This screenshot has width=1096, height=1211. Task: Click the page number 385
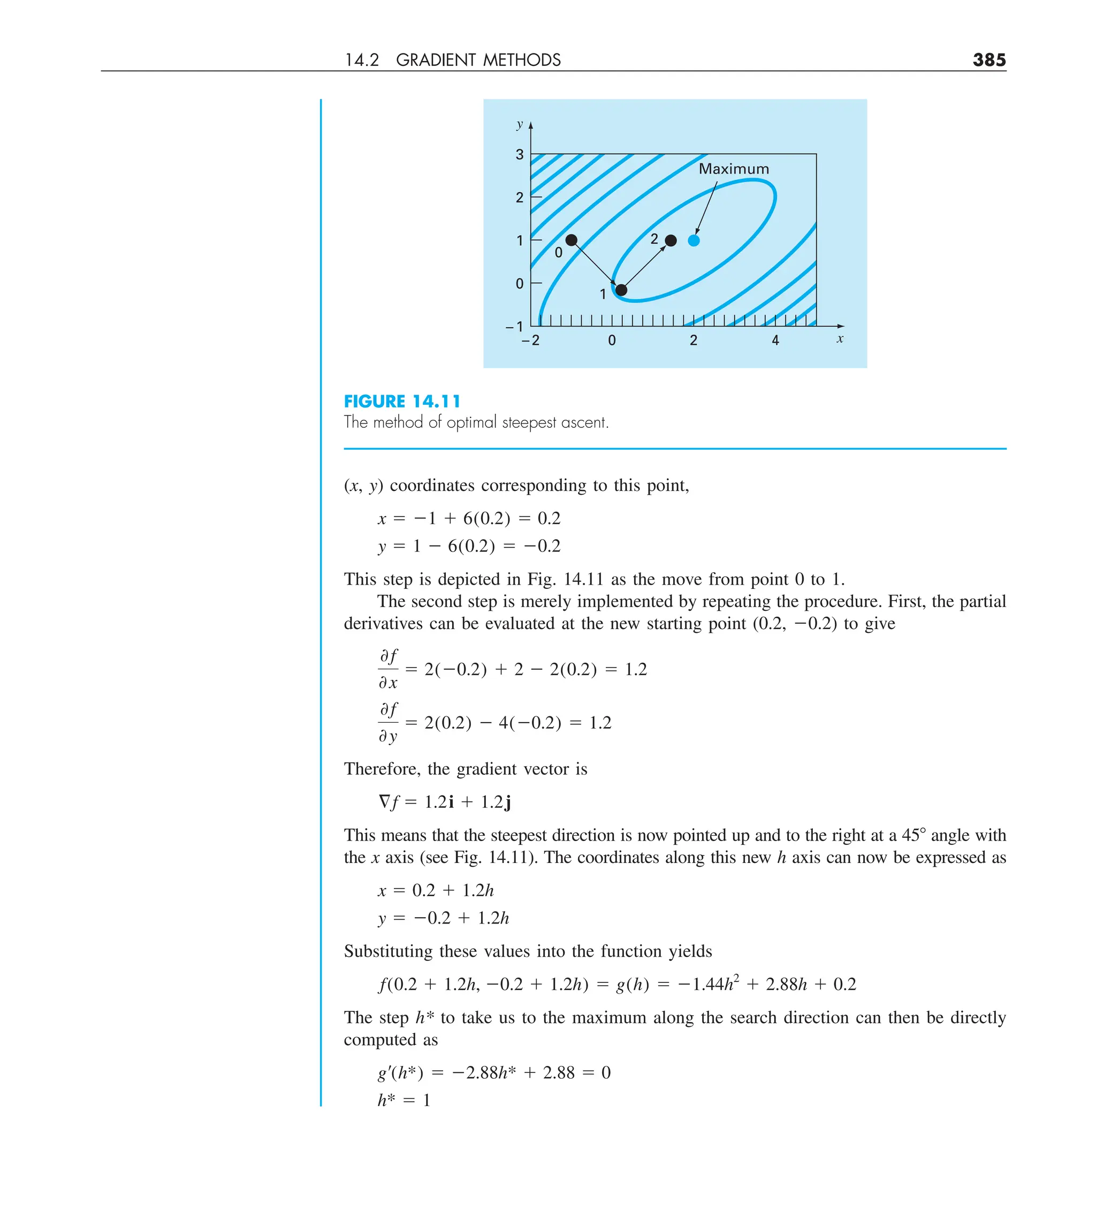(988, 60)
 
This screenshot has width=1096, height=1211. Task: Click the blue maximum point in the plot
(694, 241)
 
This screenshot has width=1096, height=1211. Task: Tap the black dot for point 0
(571, 240)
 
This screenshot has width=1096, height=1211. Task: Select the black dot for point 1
(621, 290)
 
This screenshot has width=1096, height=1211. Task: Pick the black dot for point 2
(671, 241)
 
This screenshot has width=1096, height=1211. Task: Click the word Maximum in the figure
(733, 169)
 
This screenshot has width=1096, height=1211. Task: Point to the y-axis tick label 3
(520, 155)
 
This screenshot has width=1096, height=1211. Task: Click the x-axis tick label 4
(775, 340)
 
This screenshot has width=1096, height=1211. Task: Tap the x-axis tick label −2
(530, 340)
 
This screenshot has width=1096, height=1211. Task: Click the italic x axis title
(840, 339)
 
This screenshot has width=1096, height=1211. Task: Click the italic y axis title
(520, 124)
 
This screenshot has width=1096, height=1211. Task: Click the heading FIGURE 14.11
(402, 402)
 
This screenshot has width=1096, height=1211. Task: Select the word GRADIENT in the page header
(437, 60)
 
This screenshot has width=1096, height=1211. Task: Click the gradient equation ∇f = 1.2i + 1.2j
(444, 802)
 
